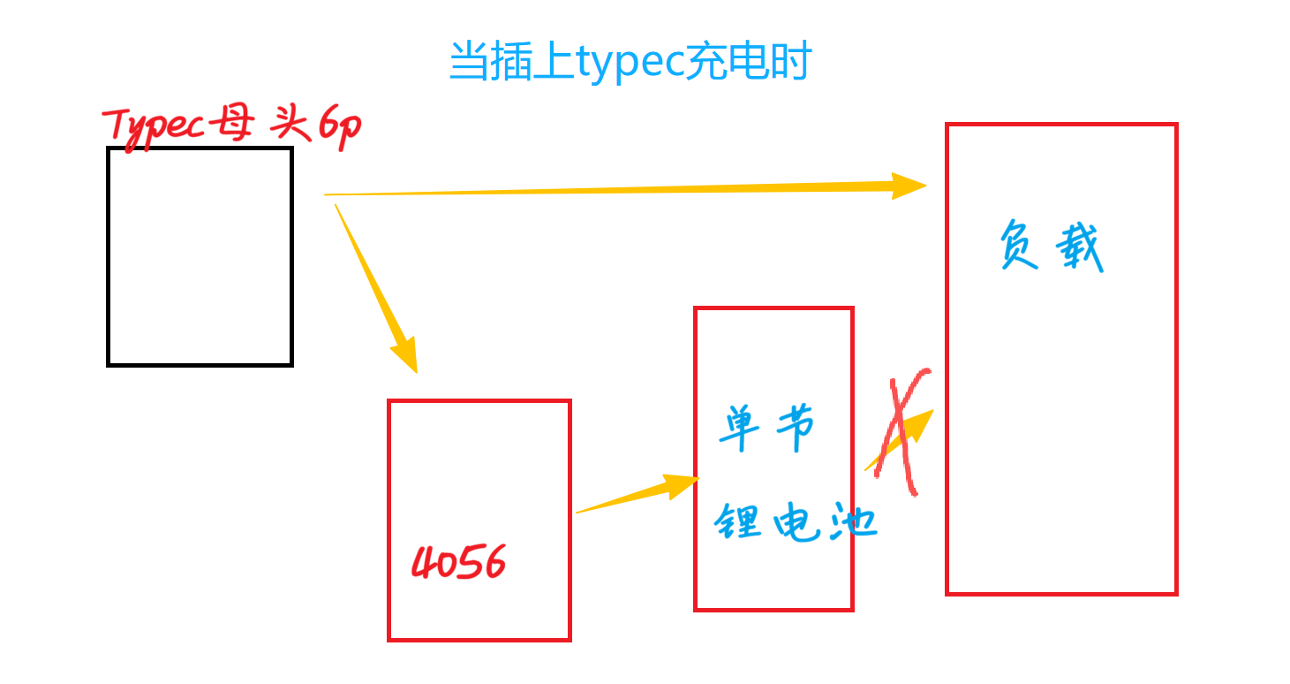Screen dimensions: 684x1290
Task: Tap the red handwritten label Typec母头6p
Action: pyautogui.click(x=231, y=126)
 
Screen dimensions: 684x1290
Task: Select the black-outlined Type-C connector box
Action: pyautogui.click(x=200, y=256)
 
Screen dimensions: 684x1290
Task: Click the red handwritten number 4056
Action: pyautogui.click(x=459, y=562)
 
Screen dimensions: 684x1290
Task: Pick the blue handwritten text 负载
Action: pyautogui.click(x=1051, y=245)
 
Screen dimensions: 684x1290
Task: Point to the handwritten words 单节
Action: pyautogui.click(x=766, y=429)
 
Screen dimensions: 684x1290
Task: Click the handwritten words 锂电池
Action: pyautogui.click(x=795, y=522)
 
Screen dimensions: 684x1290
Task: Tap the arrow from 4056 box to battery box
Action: pyautogui.click(x=636, y=495)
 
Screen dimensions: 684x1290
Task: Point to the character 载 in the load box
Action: pyautogui.click(x=1079, y=247)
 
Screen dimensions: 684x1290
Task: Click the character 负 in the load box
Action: pyautogui.click(x=1020, y=243)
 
